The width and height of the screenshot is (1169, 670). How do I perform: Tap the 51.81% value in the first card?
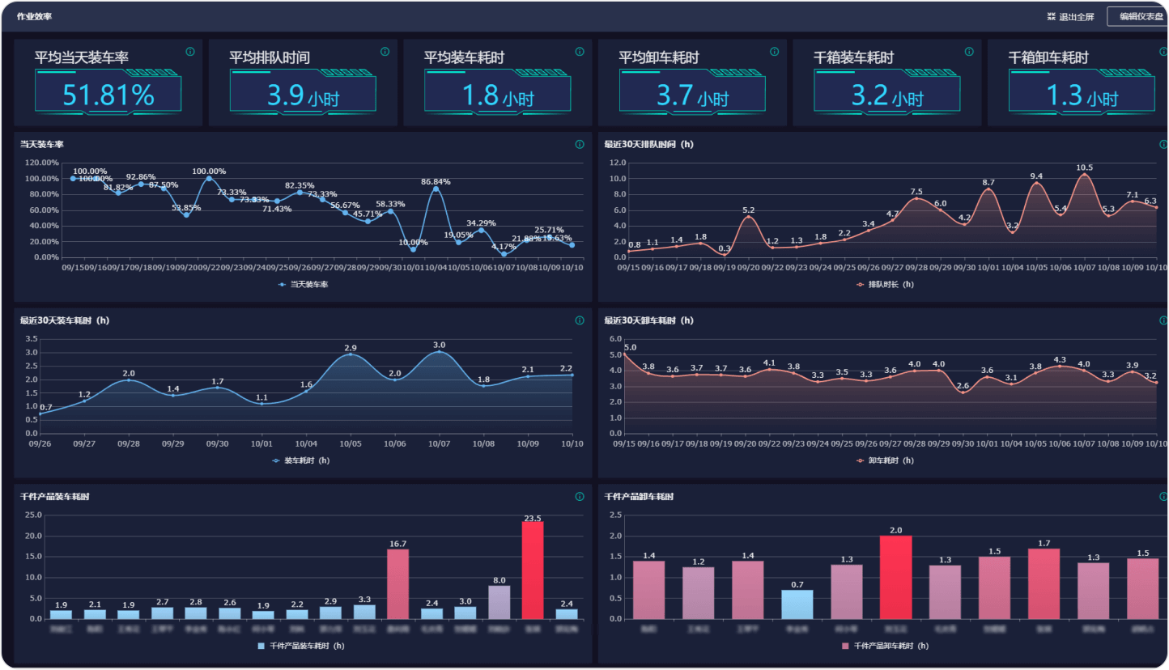108,95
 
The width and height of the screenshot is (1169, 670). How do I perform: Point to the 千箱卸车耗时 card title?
1048,58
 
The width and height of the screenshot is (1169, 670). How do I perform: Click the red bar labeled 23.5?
533,570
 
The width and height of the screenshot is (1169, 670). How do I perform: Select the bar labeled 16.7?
397,584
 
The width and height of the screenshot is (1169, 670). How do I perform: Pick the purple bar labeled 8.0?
499,602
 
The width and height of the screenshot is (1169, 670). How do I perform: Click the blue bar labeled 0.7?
797,604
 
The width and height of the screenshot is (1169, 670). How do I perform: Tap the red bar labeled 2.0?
896,577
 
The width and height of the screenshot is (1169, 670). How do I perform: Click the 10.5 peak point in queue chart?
1085,174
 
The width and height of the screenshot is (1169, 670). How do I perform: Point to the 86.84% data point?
436,189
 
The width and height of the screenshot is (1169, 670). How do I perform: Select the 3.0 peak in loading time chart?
440,351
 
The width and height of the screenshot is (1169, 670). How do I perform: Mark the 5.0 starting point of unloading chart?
625,354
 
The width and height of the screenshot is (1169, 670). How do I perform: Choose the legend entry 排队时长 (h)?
886,285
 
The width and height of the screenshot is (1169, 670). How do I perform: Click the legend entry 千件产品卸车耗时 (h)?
886,646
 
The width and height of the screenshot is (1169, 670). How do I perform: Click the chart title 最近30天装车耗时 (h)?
64,320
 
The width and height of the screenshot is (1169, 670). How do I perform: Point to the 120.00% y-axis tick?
42,163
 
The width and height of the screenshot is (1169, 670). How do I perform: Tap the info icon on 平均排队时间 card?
385,52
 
